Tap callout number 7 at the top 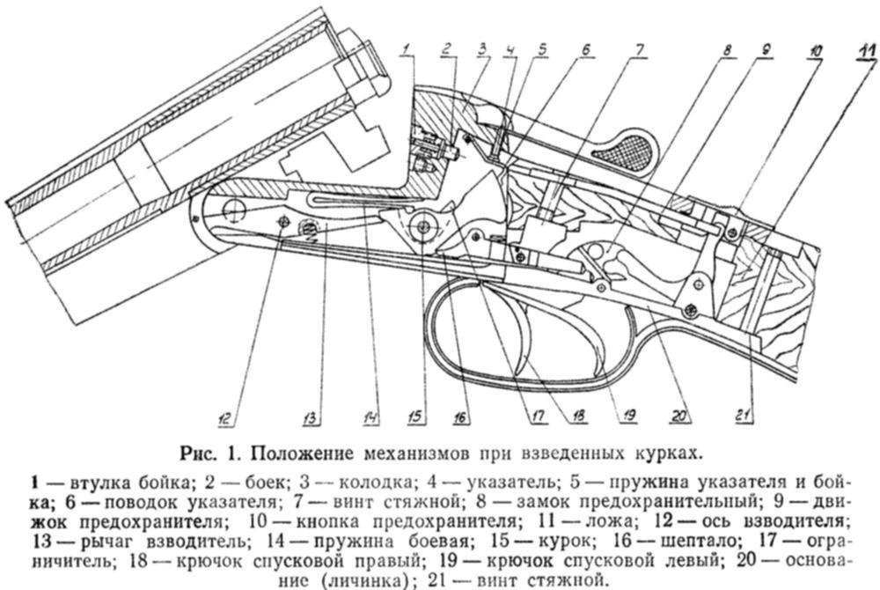click(x=640, y=48)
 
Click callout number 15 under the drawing click(x=414, y=416)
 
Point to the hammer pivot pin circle click(x=422, y=225)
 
